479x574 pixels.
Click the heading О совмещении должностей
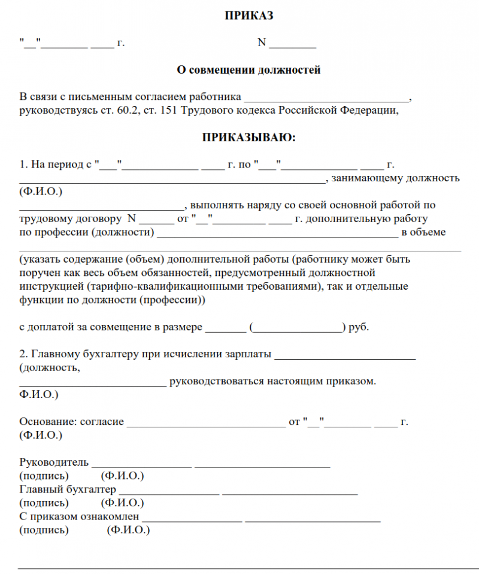pos(248,70)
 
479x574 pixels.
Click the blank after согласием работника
pos(326,98)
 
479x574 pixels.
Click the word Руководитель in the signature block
pos(54,462)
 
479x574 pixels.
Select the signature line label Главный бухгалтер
pos(68,490)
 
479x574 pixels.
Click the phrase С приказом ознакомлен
pos(79,516)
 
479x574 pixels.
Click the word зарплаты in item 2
pos(244,354)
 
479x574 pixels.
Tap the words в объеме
pos(423,232)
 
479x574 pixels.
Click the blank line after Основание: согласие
pos(207,423)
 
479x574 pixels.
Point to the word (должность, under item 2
pos(49,368)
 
